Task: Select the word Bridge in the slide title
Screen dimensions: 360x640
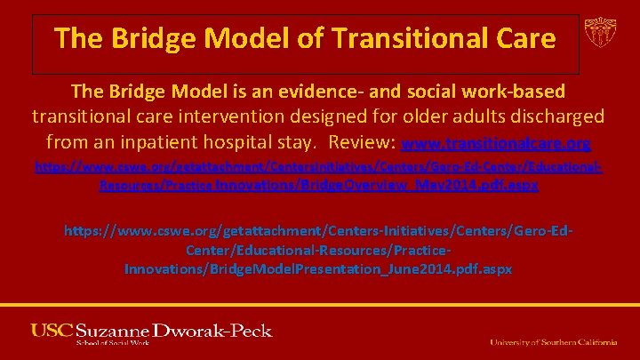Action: pyautogui.click(x=160, y=38)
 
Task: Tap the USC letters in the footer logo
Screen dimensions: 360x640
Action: pyautogui.click(x=52, y=331)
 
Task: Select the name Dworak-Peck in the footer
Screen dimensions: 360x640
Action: pyautogui.click(x=218, y=331)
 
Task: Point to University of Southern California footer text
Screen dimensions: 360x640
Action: pyautogui.click(x=554, y=341)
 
